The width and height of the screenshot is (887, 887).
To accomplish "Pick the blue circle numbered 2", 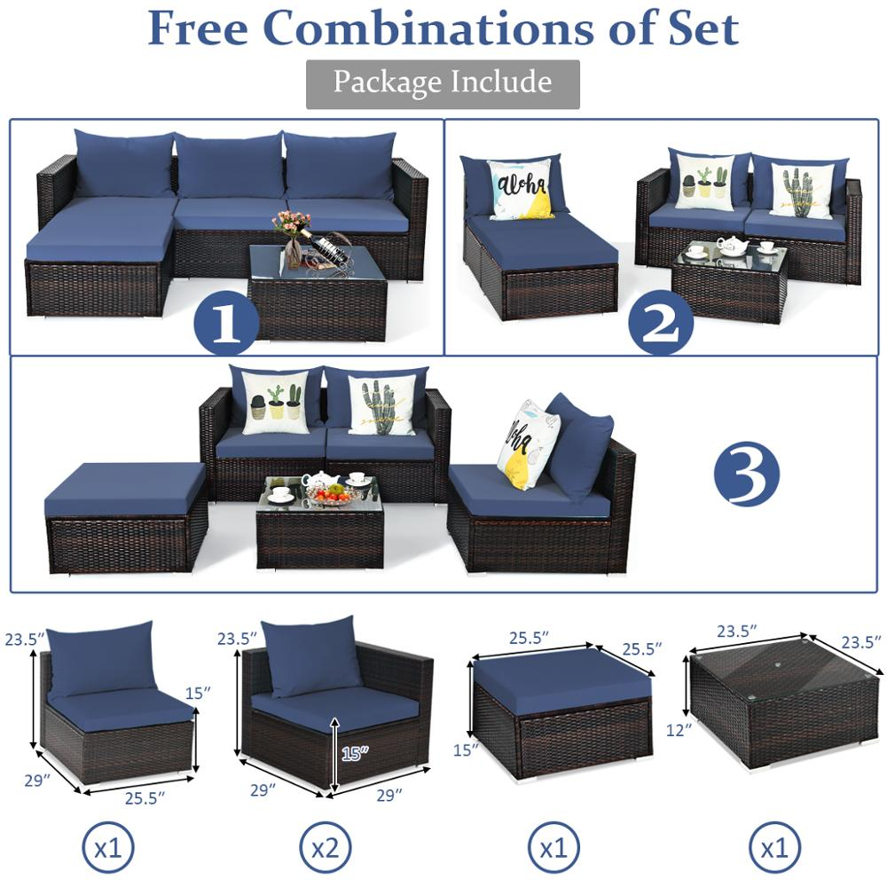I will coord(661,323).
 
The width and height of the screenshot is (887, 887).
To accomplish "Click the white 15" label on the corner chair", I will coord(353,753).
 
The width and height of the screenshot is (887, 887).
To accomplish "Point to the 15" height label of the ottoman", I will coord(462,750).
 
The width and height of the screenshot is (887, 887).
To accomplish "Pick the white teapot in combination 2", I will coord(732,246).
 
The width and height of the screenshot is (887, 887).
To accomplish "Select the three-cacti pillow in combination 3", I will coord(275,403).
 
